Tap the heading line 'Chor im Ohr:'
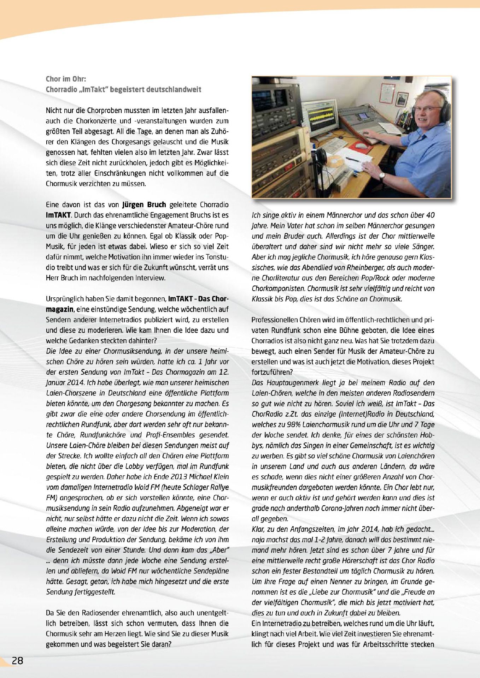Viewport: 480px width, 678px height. [66, 79]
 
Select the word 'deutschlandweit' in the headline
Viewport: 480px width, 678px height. [173, 90]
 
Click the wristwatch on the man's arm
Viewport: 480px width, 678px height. [382, 176]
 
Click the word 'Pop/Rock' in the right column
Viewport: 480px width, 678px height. [390, 278]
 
